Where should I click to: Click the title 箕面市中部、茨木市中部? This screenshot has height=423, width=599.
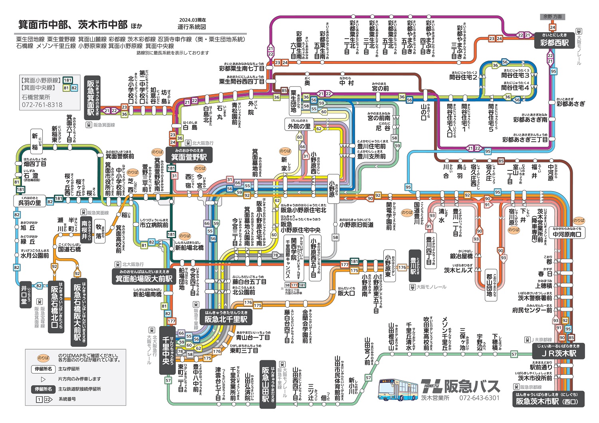pyautogui.click(x=73, y=25)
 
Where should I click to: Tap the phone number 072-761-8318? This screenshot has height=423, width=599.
pyautogui.click(x=42, y=105)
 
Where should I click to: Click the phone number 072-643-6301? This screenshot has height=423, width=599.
pyautogui.click(x=479, y=398)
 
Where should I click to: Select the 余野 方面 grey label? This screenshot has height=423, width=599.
pyautogui.click(x=552, y=17)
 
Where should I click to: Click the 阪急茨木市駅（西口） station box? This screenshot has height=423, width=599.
pyautogui.click(x=547, y=399)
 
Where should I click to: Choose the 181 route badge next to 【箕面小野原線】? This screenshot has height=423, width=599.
pyautogui.click(x=67, y=80)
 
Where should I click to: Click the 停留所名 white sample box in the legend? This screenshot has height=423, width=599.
pyautogui.click(x=43, y=369)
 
